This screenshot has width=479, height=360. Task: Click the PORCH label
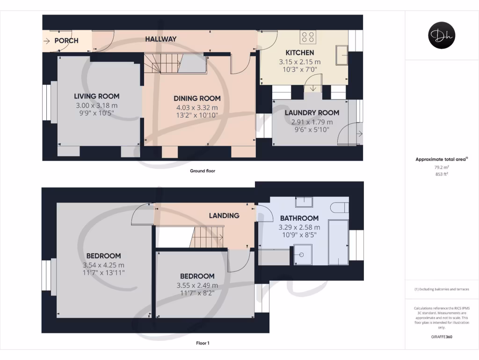tap(66, 41)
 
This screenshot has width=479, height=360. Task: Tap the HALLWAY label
tap(160, 39)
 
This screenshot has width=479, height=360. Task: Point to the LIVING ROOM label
tap(96, 96)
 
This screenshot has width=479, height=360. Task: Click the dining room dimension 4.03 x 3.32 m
tap(197, 107)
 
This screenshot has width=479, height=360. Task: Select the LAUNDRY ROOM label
tap(312, 112)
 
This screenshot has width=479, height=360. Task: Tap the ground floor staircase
tap(161, 63)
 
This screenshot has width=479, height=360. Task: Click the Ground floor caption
tap(203, 171)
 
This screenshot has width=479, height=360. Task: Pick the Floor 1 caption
tap(203, 343)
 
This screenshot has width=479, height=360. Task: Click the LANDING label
tap(224, 216)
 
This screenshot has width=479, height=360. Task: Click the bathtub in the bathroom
tap(338, 242)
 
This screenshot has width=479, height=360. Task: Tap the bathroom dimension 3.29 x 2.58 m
tap(299, 227)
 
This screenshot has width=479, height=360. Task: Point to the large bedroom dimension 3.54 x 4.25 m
tap(103, 265)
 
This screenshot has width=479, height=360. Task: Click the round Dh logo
tap(442, 36)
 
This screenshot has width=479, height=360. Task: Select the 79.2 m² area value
tap(441, 167)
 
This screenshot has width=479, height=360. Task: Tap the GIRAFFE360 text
tap(441, 337)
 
